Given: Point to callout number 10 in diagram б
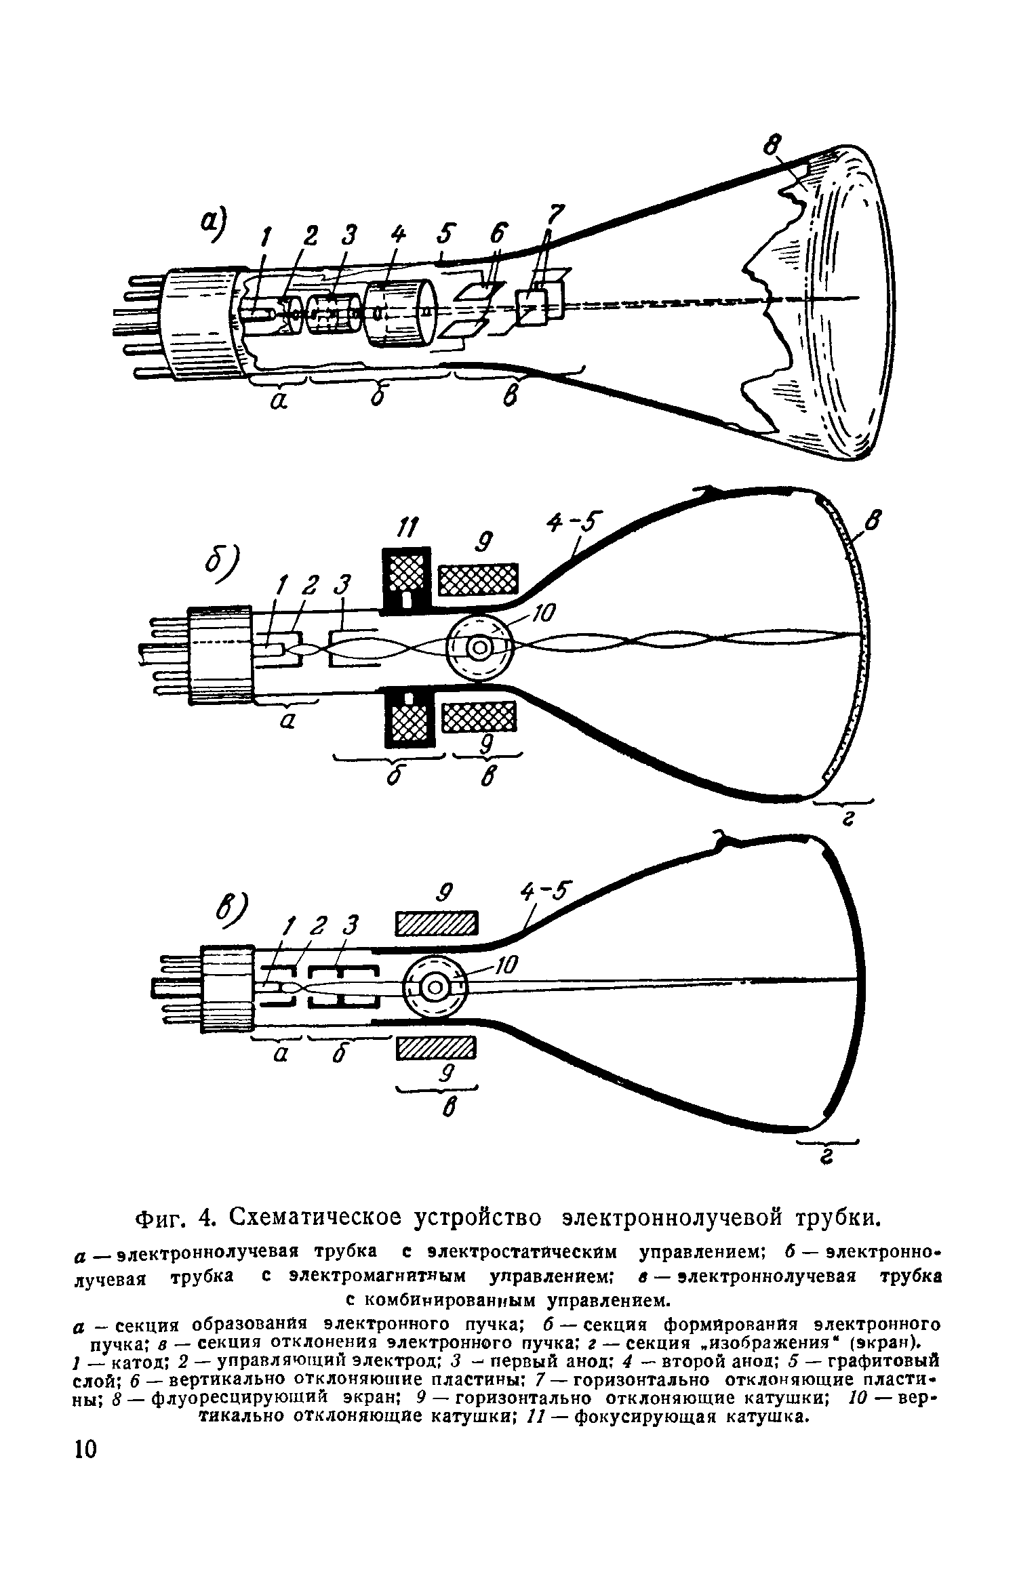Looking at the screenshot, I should pyautogui.click(x=542, y=614).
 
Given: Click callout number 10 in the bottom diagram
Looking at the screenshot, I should pyautogui.click(x=505, y=964).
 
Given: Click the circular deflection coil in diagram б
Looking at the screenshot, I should pyautogui.click(x=480, y=648).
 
